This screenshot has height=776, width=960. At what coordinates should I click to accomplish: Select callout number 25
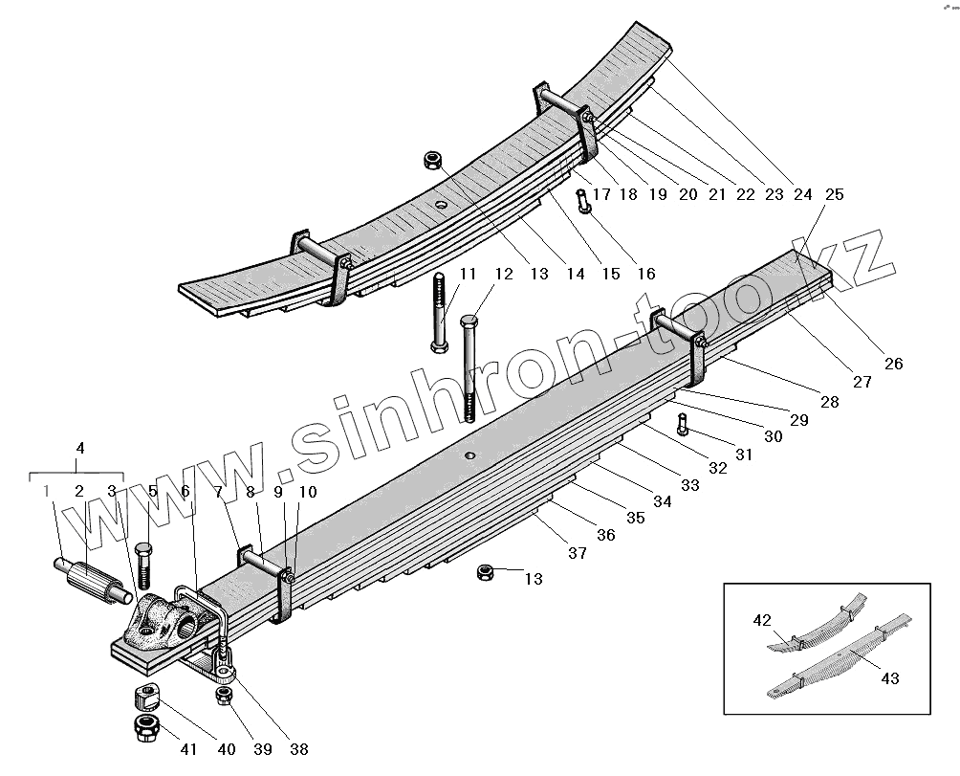[834, 194]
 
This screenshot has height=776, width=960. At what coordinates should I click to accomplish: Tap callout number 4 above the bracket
[80, 447]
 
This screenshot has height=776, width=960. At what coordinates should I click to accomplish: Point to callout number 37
[577, 554]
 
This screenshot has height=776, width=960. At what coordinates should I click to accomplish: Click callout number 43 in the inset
[890, 678]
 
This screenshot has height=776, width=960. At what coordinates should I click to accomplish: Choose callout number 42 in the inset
[762, 620]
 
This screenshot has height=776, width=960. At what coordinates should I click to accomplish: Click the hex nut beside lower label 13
[486, 572]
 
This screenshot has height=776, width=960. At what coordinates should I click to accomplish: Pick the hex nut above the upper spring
[431, 158]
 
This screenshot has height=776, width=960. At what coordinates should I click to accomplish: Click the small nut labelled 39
[224, 696]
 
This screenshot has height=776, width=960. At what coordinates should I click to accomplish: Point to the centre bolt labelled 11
[438, 311]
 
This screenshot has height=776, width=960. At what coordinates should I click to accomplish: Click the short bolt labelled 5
[143, 566]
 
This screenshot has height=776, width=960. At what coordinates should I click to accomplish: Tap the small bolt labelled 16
[582, 202]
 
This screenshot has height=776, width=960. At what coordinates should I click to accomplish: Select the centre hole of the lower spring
[469, 455]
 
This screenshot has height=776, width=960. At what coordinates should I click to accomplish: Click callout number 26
[893, 364]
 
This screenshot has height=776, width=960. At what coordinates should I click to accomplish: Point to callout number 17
[601, 194]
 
